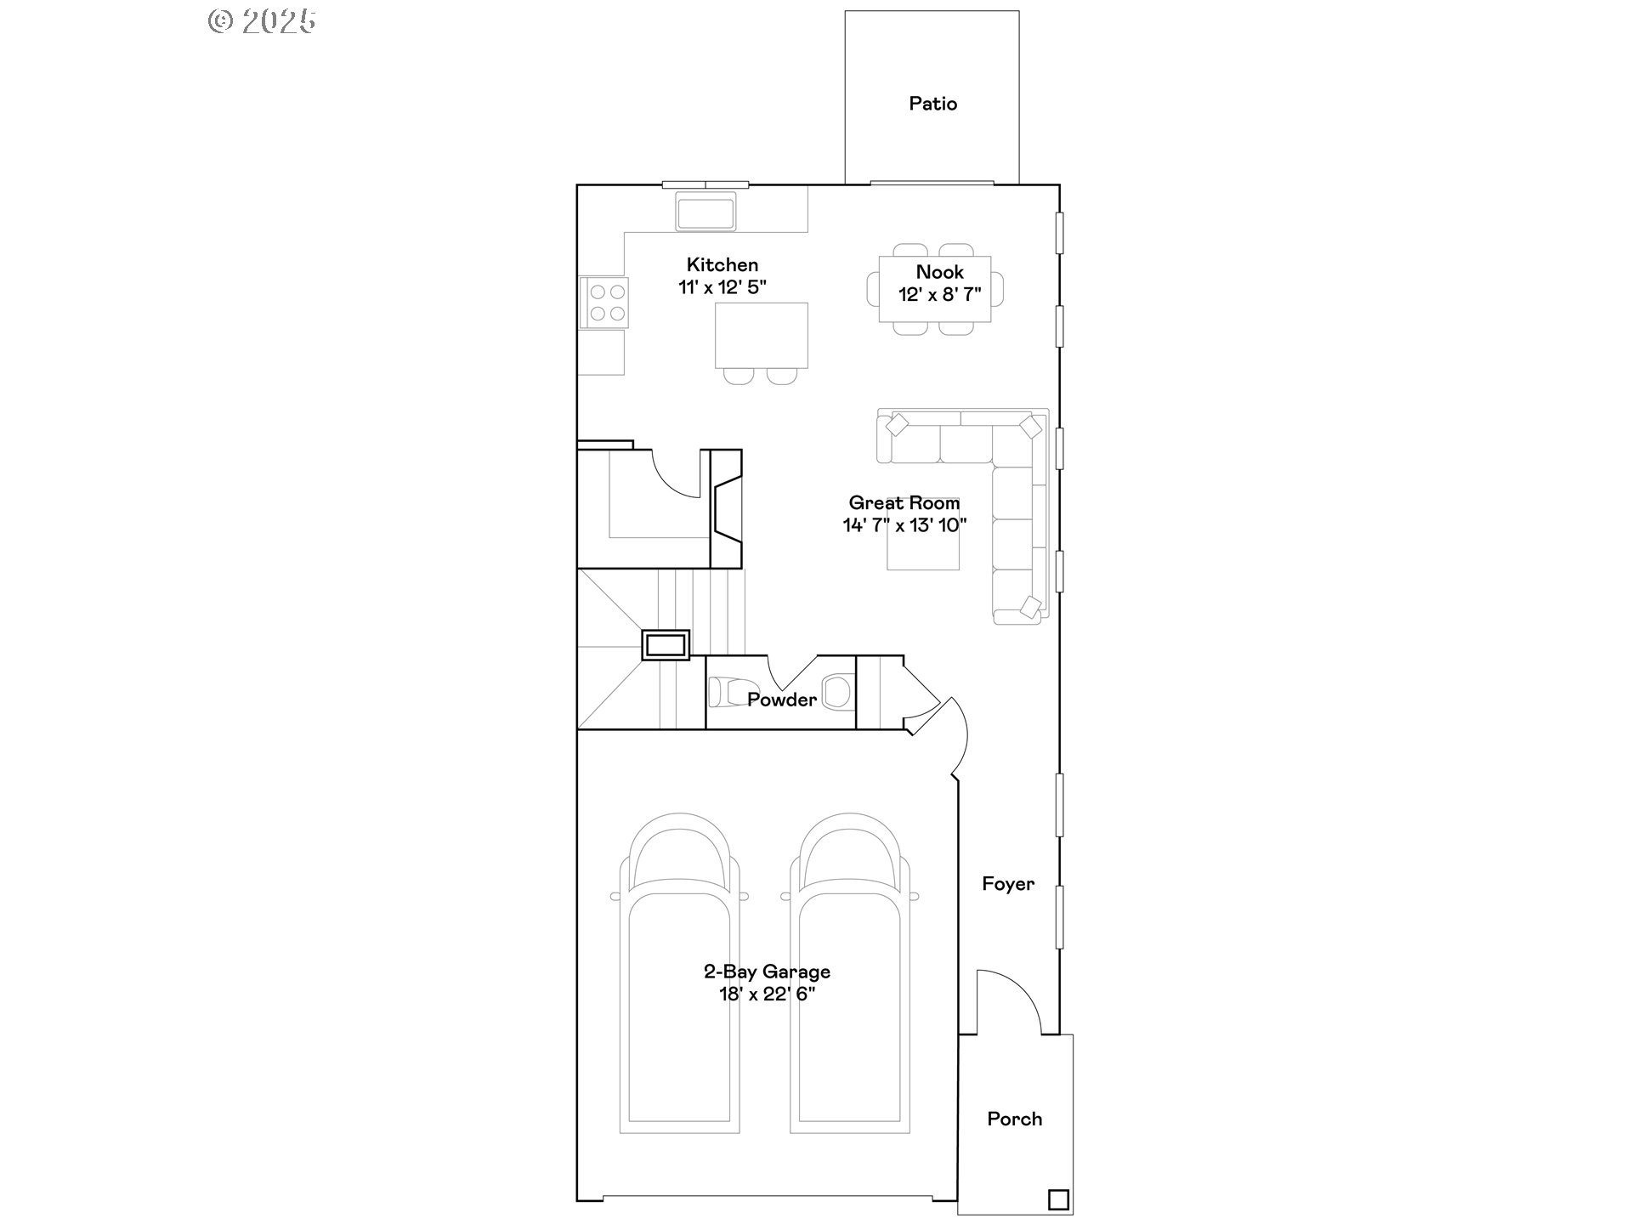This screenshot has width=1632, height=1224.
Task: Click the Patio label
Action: click(932, 104)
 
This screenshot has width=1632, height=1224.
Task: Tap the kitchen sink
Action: click(705, 211)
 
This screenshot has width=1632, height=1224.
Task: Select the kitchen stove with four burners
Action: click(603, 303)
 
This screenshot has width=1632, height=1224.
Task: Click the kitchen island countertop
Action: click(761, 335)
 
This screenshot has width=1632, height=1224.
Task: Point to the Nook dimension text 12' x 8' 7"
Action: click(939, 295)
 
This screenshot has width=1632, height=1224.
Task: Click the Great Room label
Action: click(904, 503)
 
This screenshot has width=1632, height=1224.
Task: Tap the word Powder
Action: click(782, 700)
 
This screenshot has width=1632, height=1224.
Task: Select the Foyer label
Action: click(1008, 884)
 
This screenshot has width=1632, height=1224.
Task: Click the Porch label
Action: click(1014, 1119)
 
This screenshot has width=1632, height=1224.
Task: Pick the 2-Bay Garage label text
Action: click(767, 972)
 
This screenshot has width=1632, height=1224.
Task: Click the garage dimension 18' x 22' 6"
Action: click(767, 994)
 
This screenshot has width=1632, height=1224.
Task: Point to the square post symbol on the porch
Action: click(1058, 1199)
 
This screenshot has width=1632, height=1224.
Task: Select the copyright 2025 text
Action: click(262, 21)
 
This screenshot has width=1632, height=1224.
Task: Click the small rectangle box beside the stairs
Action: click(666, 644)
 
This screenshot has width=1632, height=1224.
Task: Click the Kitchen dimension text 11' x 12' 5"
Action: click(722, 287)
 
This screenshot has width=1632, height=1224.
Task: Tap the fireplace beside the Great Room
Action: click(726, 508)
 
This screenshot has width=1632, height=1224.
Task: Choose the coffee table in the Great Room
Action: click(923, 534)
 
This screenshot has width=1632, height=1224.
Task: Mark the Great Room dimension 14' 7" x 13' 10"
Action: click(904, 525)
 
